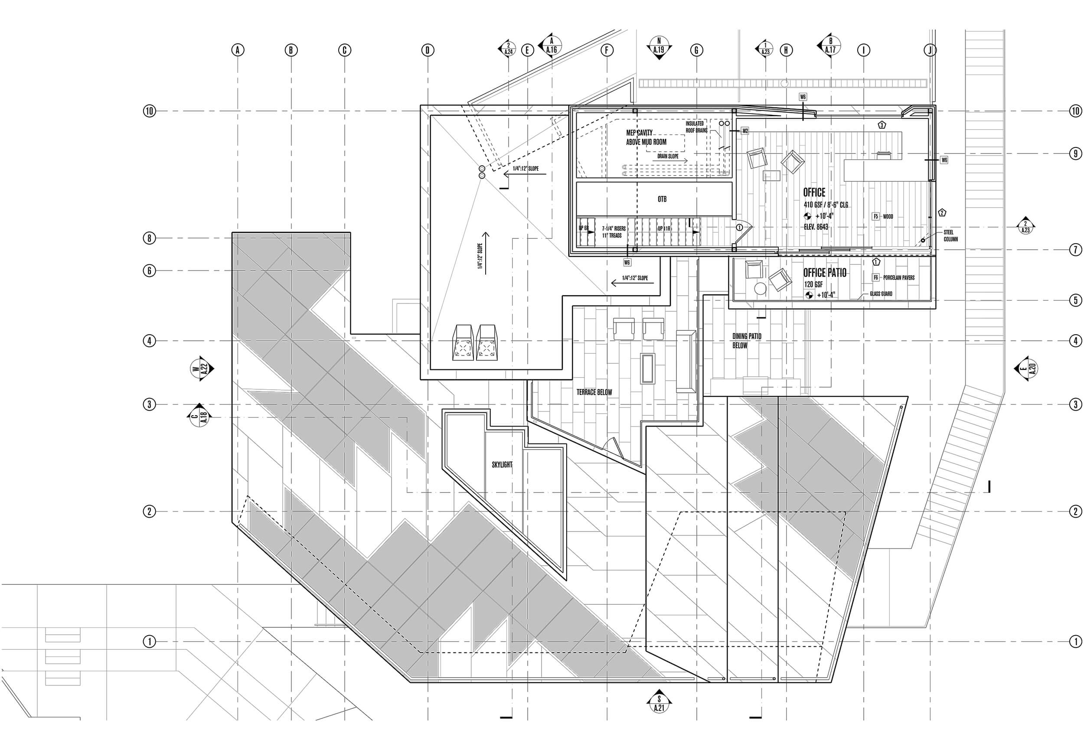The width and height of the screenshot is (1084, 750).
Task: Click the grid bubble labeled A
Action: point(238,50)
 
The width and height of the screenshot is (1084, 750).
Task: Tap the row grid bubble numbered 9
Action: point(1075,153)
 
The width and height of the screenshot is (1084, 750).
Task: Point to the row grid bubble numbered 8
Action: point(149,238)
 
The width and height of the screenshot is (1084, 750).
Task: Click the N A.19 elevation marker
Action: point(659,48)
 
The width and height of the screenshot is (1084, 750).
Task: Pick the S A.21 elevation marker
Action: point(659,717)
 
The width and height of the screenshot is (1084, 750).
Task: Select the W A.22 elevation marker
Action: point(201,368)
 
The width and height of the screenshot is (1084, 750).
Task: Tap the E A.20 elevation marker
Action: point(1027,368)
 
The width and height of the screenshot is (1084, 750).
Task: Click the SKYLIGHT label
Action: point(502,465)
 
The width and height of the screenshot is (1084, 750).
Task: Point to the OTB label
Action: point(662,199)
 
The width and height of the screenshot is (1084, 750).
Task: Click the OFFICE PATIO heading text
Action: point(825,273)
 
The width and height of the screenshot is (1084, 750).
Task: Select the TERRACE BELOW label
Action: point(594,392)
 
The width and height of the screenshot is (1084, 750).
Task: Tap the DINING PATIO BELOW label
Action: point(747,341)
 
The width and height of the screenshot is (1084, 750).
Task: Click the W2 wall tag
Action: point(745,131)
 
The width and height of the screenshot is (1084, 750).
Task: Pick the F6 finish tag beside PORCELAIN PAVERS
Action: point(876,278)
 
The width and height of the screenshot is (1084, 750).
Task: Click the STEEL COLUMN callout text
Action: point(950,235)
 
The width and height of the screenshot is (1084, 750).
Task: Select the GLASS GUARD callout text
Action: point(881,293)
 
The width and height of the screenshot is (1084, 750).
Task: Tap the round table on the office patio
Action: point(760,288)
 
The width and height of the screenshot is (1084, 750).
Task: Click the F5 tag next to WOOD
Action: point(875,217)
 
